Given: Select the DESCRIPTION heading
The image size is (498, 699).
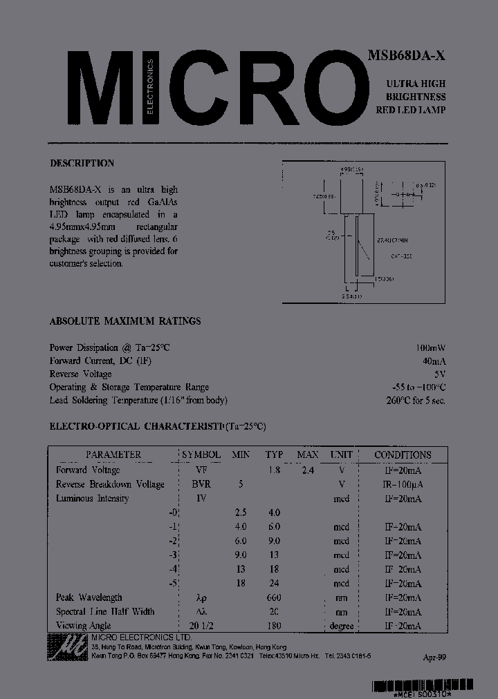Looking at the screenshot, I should point(82,164).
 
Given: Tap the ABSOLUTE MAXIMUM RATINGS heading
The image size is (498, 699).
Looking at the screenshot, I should point(125,321).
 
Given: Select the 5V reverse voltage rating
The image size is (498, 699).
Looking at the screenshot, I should point(440,374).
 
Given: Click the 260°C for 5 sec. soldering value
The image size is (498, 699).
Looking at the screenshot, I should point(416,401).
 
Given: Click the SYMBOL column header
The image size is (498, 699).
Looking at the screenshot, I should point(201,454).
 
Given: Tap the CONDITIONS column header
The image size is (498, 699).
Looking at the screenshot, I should point(403,454).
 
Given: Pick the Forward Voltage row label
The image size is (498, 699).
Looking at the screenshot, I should point(88,470).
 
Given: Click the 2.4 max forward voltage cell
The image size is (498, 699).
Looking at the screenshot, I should point(307,470).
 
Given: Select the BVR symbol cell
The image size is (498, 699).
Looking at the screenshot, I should point(201,484).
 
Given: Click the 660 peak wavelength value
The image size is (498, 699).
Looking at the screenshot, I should point(275,597).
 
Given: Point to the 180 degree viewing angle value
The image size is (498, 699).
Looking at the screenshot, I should point(275,626).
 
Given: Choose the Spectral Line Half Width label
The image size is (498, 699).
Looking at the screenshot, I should point(105,612).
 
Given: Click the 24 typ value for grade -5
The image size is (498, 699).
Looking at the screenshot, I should point(275,583).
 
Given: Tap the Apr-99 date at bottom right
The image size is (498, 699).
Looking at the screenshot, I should point(434,658).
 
